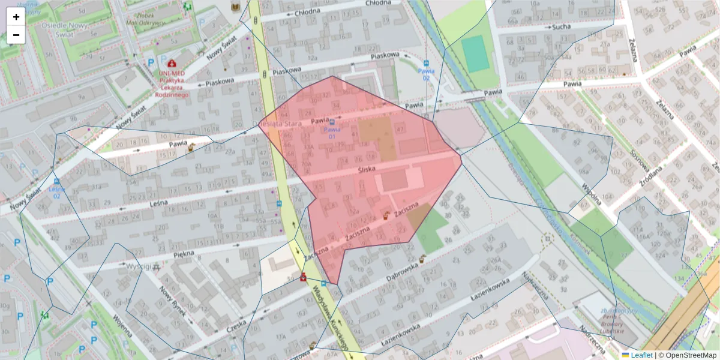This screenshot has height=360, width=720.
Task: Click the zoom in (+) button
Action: point(16,17)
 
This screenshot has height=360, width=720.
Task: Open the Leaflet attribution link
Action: point(641,355)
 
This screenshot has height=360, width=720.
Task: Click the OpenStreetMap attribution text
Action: point(691,355)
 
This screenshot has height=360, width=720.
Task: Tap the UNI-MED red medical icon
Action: point(172,62)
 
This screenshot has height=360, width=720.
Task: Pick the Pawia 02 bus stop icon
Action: point(426,64)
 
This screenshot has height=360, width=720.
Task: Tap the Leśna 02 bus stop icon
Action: point(56,182)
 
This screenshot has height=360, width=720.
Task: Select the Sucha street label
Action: point(561,27)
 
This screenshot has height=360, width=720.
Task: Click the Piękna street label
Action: point(182,254)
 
